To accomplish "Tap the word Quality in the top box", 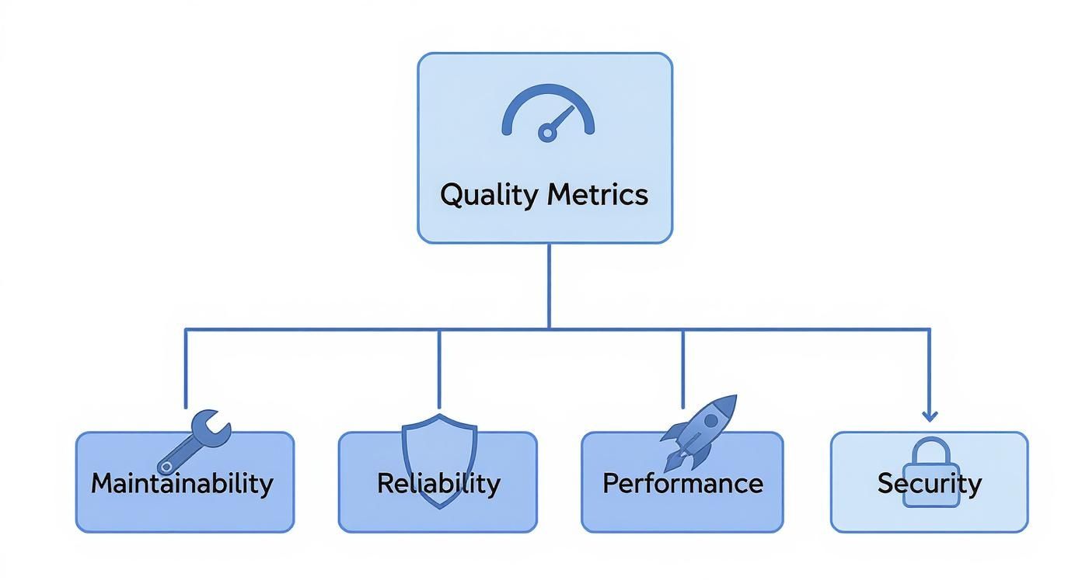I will [x=490, y=194].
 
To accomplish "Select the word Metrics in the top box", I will [x=597, y=194].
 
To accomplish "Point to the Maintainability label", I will [x=182, y=483].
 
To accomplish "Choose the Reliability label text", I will [x=438, y=483].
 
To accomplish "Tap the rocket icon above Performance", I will [x=699, y=431].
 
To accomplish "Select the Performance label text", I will [x=682, y=483].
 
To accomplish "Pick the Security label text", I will [x=930, y=483].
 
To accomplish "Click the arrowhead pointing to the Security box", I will [x=930, y=416].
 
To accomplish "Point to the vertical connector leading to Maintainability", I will [x=185, y=368].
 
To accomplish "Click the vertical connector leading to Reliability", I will [x=439, y=368].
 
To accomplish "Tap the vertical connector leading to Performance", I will [x=682, y=368].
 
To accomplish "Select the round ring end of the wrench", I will [x=166, y=466].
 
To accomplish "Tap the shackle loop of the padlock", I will [x=930, y=450].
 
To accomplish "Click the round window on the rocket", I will [x=712, y=420].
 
